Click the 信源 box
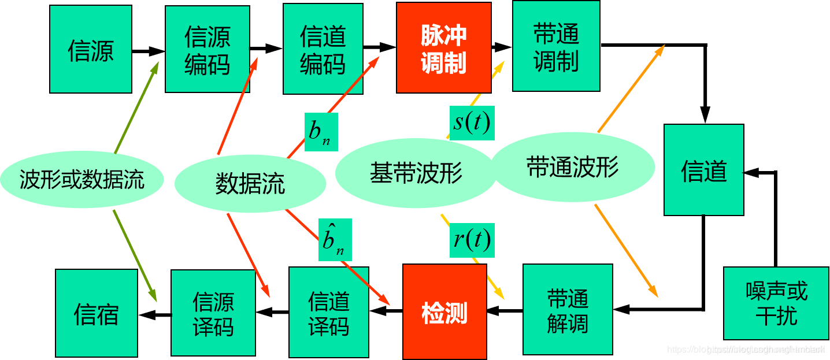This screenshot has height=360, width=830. (91, 50)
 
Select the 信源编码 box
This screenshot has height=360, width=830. (208, 50)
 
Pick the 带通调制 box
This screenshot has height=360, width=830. (556, 46)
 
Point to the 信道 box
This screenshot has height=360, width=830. (703, 170)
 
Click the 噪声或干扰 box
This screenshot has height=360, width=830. (776, 303)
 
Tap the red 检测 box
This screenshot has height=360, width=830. (444, 312)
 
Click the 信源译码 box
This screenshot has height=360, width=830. (213, 313)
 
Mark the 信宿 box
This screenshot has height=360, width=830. (97, 313)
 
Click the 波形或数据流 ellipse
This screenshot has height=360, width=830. (82, 180)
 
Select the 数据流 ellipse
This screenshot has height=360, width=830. (250, 184)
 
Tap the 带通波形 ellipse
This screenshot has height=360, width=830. (573, 168)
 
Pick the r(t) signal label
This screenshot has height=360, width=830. (472, 239)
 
